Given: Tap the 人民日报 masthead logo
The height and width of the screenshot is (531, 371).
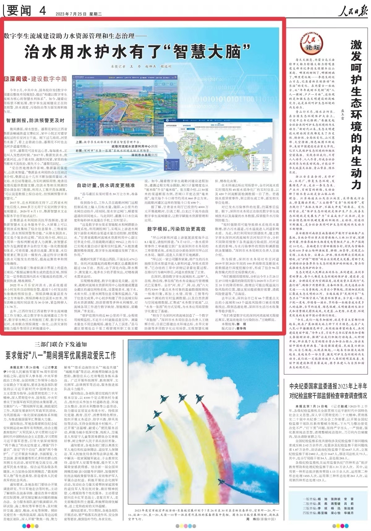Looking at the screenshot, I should [352, 11].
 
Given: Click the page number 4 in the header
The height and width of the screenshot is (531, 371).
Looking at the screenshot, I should [42, 11].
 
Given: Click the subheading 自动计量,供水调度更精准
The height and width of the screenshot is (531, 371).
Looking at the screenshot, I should [106, 185].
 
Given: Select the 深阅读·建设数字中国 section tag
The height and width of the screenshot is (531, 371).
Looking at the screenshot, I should [36, 79].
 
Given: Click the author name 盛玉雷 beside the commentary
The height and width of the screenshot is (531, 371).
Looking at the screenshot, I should [342, 114].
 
